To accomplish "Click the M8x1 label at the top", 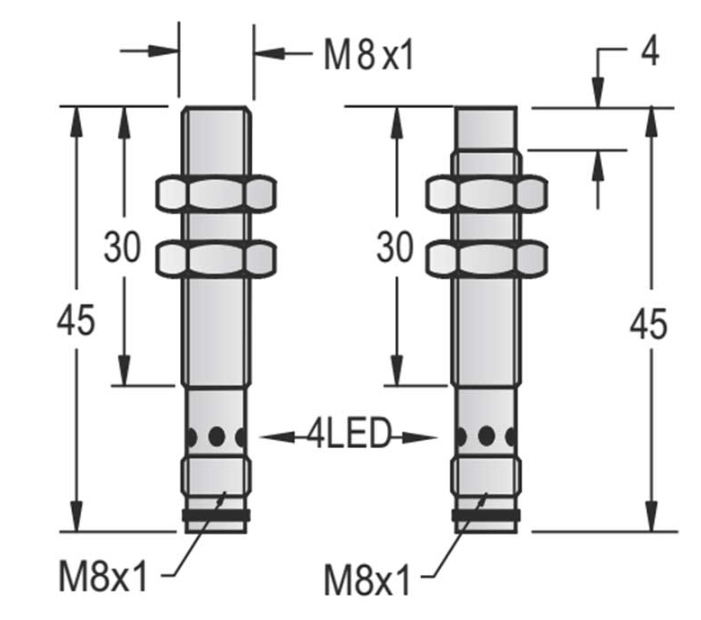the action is coord(369,55).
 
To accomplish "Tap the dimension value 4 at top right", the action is coord(650,51).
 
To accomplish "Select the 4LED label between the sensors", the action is coord(349,433).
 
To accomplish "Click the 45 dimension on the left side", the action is coord(76,320).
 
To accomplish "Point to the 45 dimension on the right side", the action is coord(648,323).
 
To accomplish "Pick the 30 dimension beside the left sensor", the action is coord(122,247).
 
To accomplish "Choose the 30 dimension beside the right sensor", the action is coord(395,247).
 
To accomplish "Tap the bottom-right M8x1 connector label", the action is coord(366,580).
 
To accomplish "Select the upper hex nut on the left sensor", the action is coord(216,194).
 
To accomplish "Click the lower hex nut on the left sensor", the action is coord(216,258).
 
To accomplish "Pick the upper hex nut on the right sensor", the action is coord(487,194).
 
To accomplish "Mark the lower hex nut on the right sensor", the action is coord(487,258).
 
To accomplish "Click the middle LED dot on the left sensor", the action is coord(217,436).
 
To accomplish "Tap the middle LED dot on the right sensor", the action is coord(487,436).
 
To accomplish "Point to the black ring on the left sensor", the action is coord(216,515).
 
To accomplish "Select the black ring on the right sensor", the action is coord(486,515).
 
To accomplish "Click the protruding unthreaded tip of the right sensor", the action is coord(486,129).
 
